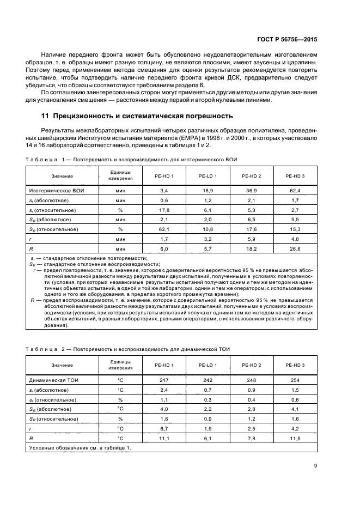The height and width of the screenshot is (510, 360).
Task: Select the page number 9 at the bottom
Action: click(x=316, y=465)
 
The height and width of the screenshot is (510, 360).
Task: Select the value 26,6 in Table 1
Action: click(x=295, y=248)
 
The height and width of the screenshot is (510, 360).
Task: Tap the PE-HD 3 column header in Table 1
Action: click(x=295, y=176)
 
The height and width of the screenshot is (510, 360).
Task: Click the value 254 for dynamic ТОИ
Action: click(x=295, y=379)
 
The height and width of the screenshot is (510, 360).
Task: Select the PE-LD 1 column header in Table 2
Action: click(x=208, y=365)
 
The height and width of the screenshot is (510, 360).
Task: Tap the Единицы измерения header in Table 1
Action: click(x=120, y=176)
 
